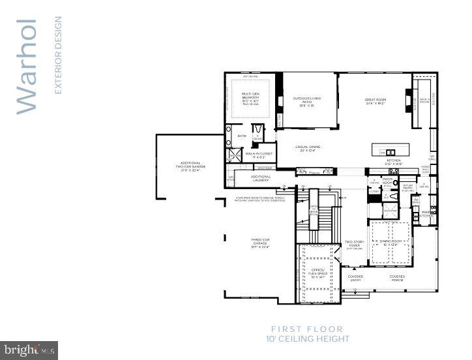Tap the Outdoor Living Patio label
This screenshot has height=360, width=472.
coord(307,101)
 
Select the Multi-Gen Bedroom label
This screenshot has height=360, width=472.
coord(250,98)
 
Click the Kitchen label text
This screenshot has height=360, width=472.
coord(394,162)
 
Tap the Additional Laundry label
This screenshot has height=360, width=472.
coord(261,178)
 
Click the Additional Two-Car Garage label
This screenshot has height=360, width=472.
coord(190,166)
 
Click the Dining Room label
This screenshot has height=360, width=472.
coord(389,243)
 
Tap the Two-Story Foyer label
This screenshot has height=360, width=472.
coord(354,245)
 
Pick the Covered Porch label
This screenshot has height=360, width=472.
coord(397,278)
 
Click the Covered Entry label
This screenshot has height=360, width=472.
coord(355,278)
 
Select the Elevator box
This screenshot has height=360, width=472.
coord(391,211)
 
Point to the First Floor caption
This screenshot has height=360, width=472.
coord(307,329)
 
